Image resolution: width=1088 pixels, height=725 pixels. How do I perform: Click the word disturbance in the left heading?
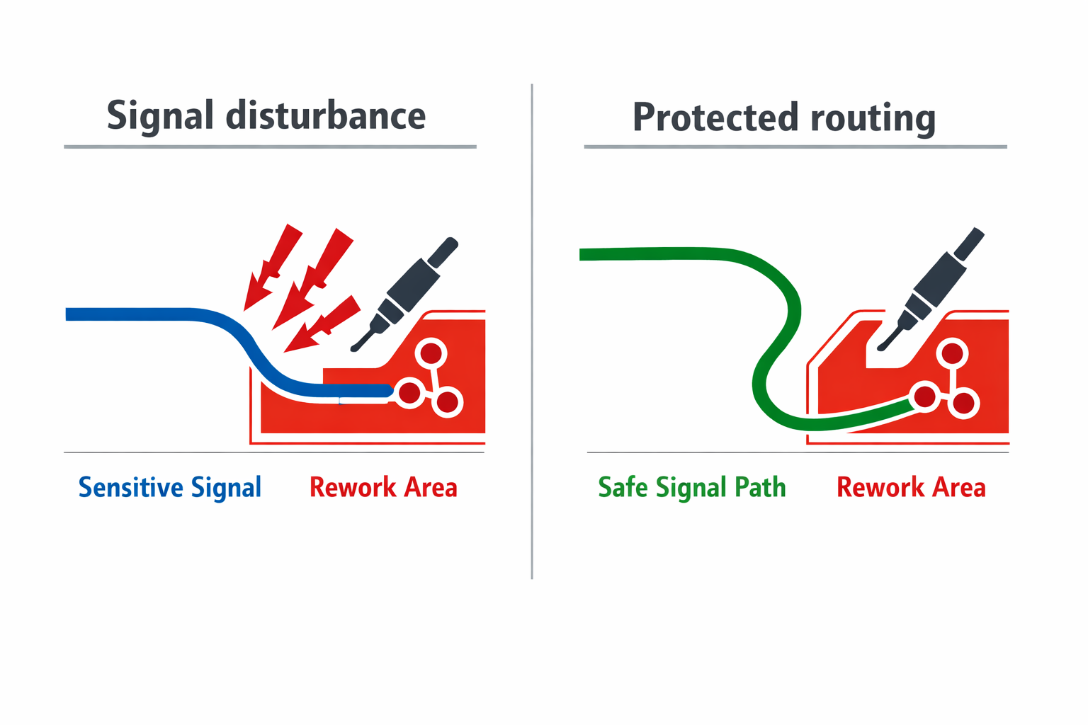(326, 116)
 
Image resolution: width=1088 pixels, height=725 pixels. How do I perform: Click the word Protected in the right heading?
(715, 118)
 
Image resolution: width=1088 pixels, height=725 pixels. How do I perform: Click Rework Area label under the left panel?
(383, 488)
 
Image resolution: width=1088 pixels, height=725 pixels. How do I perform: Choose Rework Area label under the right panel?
(911, 488)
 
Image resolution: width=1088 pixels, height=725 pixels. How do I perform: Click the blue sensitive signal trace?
(142, 314)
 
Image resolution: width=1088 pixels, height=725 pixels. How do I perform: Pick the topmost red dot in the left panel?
(431, 353)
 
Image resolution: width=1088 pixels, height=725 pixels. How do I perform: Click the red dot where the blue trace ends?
(409, 392)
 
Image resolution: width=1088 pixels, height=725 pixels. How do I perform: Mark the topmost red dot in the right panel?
(952, 353)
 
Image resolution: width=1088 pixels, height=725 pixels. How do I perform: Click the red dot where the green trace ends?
(925, 396)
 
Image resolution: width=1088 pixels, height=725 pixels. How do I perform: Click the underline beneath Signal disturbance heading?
(269, 147)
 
